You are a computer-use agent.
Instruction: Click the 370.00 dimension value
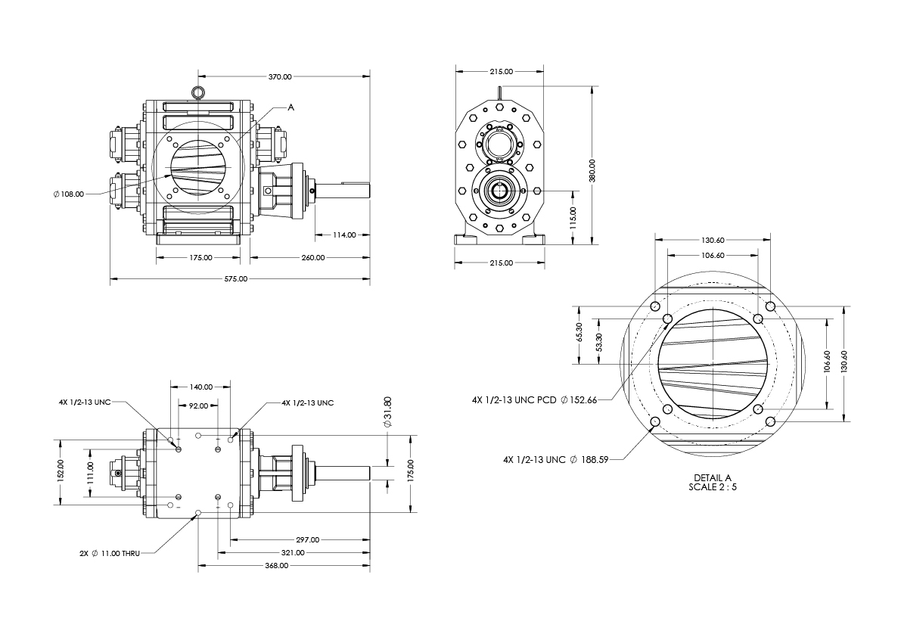(280, 76)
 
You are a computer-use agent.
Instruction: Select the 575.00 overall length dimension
(235, 278)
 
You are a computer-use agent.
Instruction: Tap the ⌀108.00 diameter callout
(68, 194)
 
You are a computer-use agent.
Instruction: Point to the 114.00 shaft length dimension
(344, 235)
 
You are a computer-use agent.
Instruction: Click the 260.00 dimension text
(313, 257)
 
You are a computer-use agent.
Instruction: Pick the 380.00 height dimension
(592, 170)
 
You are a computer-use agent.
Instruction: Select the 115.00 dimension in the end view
(573, 218)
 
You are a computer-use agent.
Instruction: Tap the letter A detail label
(290, 107)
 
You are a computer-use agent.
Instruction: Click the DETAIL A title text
(713, 478)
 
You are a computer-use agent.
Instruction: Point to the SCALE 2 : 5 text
(713, 487)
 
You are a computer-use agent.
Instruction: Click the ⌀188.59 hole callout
(589, 459)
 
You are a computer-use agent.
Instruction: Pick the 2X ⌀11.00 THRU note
(110, 554)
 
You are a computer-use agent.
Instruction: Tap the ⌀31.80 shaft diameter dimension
(387, 412)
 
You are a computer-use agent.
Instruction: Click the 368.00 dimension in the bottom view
(276, 566)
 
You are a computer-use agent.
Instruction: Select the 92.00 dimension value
(199, 406)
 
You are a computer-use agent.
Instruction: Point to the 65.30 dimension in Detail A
(579, 332)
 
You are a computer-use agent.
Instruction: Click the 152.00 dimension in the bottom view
(61, 471)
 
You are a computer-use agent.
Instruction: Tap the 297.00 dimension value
(308, 539)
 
